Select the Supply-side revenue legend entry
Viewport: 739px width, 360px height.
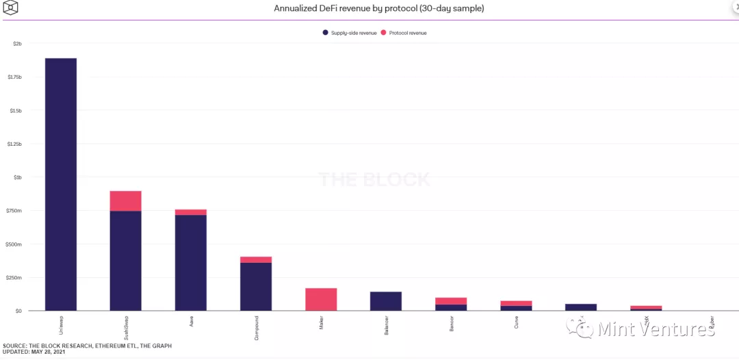click(x=348, y=33)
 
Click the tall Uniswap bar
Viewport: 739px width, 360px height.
click(x=61, y=185)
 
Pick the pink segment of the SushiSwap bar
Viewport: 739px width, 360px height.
click(x=126, y=201)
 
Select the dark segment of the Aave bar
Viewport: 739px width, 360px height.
click(x=191, y=263)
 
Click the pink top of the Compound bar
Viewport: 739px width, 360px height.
click(x=256, y=259)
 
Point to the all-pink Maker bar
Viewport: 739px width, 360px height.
click(x=321, y=299)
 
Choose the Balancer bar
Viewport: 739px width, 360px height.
click(x=386, y=301)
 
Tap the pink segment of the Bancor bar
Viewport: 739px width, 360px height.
click(x=451, y=301)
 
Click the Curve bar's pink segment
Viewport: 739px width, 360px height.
click(x=516, y=303)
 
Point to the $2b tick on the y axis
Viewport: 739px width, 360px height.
click(x=17, y=44)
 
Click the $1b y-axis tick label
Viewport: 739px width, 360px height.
click(x=17, y=177)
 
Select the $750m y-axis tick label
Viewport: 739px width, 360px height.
click(x=15, y=211)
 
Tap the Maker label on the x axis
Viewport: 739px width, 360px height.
click(x=321, y=322)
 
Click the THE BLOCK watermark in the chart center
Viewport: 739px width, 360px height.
click(x=374, y=180)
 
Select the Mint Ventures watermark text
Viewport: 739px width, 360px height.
click(x=656, y=329)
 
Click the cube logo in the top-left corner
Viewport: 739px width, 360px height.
click(x=10, y=9)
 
